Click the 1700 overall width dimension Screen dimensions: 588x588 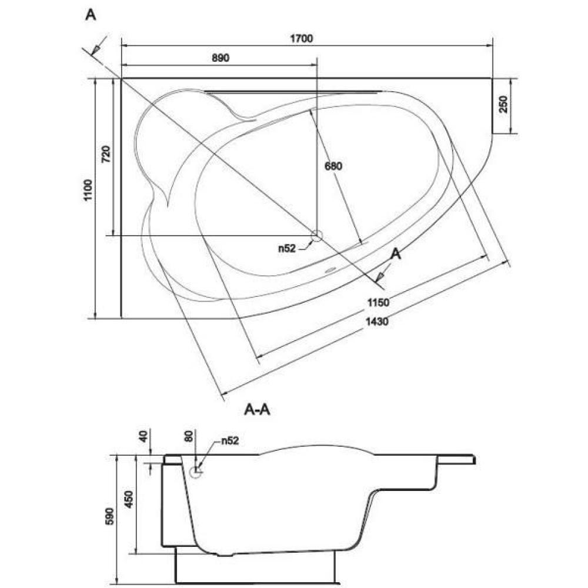tap(302, 39)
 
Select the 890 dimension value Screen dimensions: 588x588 tap(220, 58)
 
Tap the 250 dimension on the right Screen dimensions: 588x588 tap(504, 104)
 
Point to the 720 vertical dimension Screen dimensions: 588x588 tap(106, 153)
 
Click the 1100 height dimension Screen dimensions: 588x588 tap(88, 190)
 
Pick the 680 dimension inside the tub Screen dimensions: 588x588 tap(333, 166)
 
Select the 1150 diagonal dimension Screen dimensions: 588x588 tap(378, 302)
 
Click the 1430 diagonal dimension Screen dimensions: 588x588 tap(377, 321)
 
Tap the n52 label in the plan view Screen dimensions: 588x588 tap(287, 248)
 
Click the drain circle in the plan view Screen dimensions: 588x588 tap(317, 236)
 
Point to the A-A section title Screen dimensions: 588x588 tap(258, 409)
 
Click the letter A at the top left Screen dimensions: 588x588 tap(91, 15)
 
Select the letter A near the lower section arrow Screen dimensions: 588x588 tap(396, 254)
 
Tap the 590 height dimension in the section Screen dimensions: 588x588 tap(109, 516)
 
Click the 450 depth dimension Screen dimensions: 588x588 tap(129, 499)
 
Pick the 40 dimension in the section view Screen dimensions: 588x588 tap(143, 436)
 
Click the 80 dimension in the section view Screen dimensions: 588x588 tap(189, 436)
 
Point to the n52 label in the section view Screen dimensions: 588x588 tap(230, 440)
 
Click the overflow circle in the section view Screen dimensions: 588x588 tap(196, 472)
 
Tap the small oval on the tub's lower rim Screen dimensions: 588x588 tap(330, 270)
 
